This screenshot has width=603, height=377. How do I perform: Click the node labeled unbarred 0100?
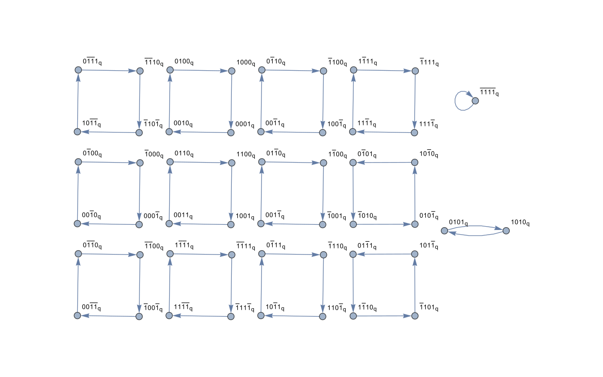(170, 70)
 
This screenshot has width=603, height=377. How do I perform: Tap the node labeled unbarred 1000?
(232, 71)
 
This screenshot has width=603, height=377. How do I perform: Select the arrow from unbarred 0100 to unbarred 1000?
(201, 71)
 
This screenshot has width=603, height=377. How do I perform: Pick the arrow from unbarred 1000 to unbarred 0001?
(231, 101)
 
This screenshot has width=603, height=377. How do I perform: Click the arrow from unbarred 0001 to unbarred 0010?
(200, 132)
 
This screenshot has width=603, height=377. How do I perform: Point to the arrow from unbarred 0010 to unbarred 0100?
(170, 101)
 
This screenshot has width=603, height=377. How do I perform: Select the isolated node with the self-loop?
(475, 101)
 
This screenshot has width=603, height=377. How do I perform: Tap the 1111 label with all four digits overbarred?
(489, 92)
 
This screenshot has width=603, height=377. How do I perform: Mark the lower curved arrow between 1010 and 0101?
(475, 235)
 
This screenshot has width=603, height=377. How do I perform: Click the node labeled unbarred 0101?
(444, 230)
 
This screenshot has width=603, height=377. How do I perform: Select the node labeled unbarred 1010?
(506, 231)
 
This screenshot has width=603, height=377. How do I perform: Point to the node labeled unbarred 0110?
(170, 162)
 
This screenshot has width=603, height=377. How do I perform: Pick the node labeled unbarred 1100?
(232, 163)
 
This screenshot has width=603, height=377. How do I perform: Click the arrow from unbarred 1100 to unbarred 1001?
(231, 193)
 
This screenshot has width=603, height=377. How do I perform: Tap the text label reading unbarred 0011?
(183, 215)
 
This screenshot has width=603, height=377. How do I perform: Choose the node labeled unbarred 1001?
(231, 224)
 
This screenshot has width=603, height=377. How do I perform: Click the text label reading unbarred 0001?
(244, 124)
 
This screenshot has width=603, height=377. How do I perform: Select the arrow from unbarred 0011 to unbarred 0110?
(170, 193)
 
